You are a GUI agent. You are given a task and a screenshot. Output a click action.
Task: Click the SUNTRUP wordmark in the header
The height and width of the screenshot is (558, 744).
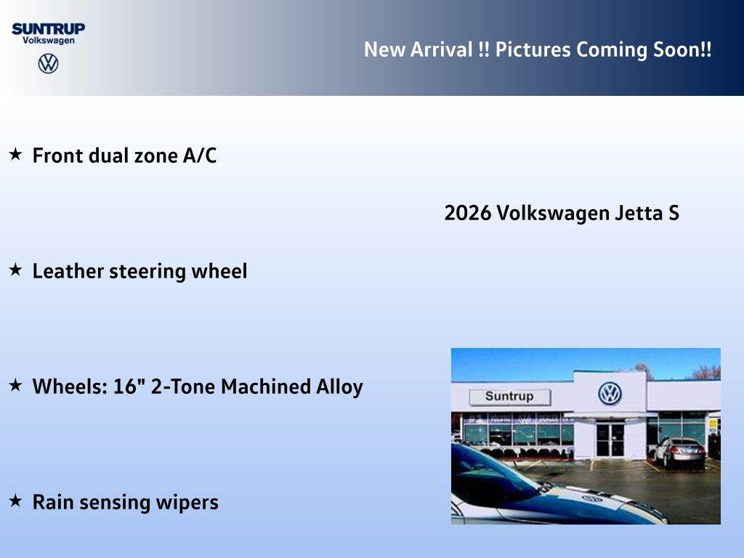point(48,28)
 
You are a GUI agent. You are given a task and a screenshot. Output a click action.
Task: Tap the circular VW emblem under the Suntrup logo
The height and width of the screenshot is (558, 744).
point(48,63)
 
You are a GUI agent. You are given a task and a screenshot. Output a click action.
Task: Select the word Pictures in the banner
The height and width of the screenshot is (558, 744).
point(533,50)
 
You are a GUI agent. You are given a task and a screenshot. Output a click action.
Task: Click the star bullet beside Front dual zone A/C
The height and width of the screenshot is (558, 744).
point(15,154)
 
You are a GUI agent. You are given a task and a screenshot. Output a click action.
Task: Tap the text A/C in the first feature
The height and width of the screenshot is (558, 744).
point(200,155)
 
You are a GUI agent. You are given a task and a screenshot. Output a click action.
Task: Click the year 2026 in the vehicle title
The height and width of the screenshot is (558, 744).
point(467,214)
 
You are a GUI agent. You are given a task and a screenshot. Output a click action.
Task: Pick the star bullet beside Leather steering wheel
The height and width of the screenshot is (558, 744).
point(15,270)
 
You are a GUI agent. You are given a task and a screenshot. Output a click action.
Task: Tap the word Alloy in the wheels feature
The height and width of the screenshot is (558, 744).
point(339,387)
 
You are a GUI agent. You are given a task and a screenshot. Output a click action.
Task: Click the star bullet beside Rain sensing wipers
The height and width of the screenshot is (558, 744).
point(15,501)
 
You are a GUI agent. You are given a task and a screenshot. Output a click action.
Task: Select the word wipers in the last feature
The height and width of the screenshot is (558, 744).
point(192,503)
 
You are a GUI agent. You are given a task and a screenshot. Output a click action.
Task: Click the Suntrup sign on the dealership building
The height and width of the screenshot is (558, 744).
point(509,397)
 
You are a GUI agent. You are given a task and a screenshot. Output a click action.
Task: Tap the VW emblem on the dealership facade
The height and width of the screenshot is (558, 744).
point(610,394)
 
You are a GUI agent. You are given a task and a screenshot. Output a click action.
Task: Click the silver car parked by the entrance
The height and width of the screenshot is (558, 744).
point(679,451)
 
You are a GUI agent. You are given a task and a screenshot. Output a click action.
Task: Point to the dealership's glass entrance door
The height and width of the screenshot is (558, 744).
point(610,439)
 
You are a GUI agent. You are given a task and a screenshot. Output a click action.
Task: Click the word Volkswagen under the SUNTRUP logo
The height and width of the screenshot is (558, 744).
point(48,41)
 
